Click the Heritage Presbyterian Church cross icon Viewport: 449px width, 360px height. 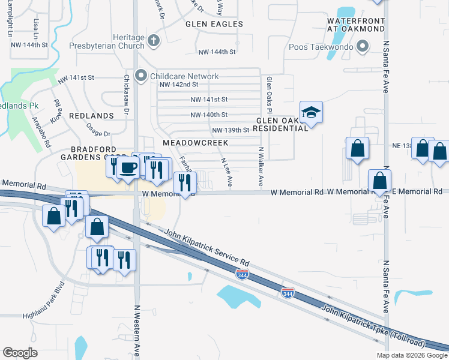click(154, 41)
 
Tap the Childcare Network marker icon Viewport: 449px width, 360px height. click(141, 76)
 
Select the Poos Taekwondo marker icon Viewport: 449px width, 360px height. click(362, 46)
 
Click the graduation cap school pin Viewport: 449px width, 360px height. click(311, 112)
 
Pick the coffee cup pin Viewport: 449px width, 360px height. click(127, 167)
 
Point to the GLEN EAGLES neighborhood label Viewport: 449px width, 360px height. click(214, 24)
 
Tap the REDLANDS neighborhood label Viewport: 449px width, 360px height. click(91, 115)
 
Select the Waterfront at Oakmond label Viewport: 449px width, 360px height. click(355, 24)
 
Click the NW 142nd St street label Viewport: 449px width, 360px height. click(178, 85)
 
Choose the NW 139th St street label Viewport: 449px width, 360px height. click(231, 130)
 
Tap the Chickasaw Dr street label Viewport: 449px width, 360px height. click(127, 94)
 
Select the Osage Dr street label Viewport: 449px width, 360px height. click(99, 134)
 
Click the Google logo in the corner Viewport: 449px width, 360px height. click(20, 353)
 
